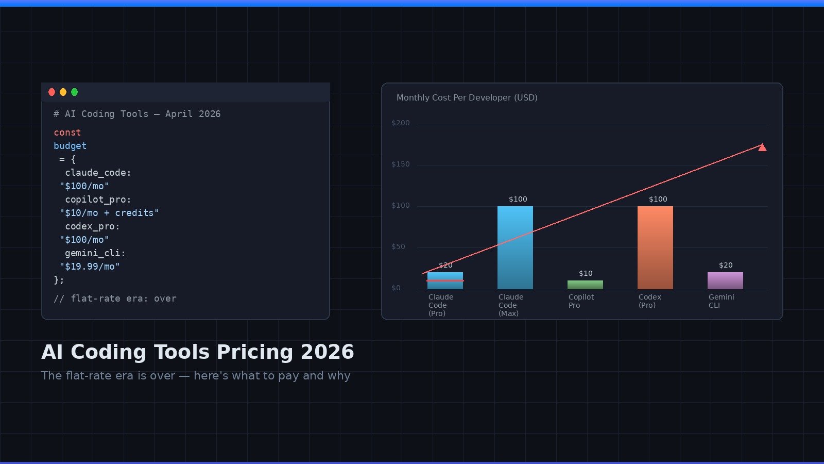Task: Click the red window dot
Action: pos(51,92)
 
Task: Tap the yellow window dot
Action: pos(63,92)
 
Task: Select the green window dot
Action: pos(74,92)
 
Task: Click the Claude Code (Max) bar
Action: pos(515,247)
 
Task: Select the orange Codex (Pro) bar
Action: pos(655,247)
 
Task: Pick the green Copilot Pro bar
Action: pos(585,285)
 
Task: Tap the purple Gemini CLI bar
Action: pos(725,280)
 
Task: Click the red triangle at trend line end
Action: pos(762,148)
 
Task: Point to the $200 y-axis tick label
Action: pos(401,123)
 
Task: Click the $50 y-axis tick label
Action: pos(398,247)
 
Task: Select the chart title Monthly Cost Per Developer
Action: pos(467,98)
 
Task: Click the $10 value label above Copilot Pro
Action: pos(586,274)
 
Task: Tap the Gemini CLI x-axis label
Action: pos(721,301)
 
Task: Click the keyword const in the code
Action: pos(67,132)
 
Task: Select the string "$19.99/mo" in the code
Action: pos(90,267)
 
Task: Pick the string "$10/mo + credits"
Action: pos(109,213)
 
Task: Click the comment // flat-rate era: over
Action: pos(115,299)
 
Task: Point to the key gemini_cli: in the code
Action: pos(95,253)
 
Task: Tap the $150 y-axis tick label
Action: pos(401,164)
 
